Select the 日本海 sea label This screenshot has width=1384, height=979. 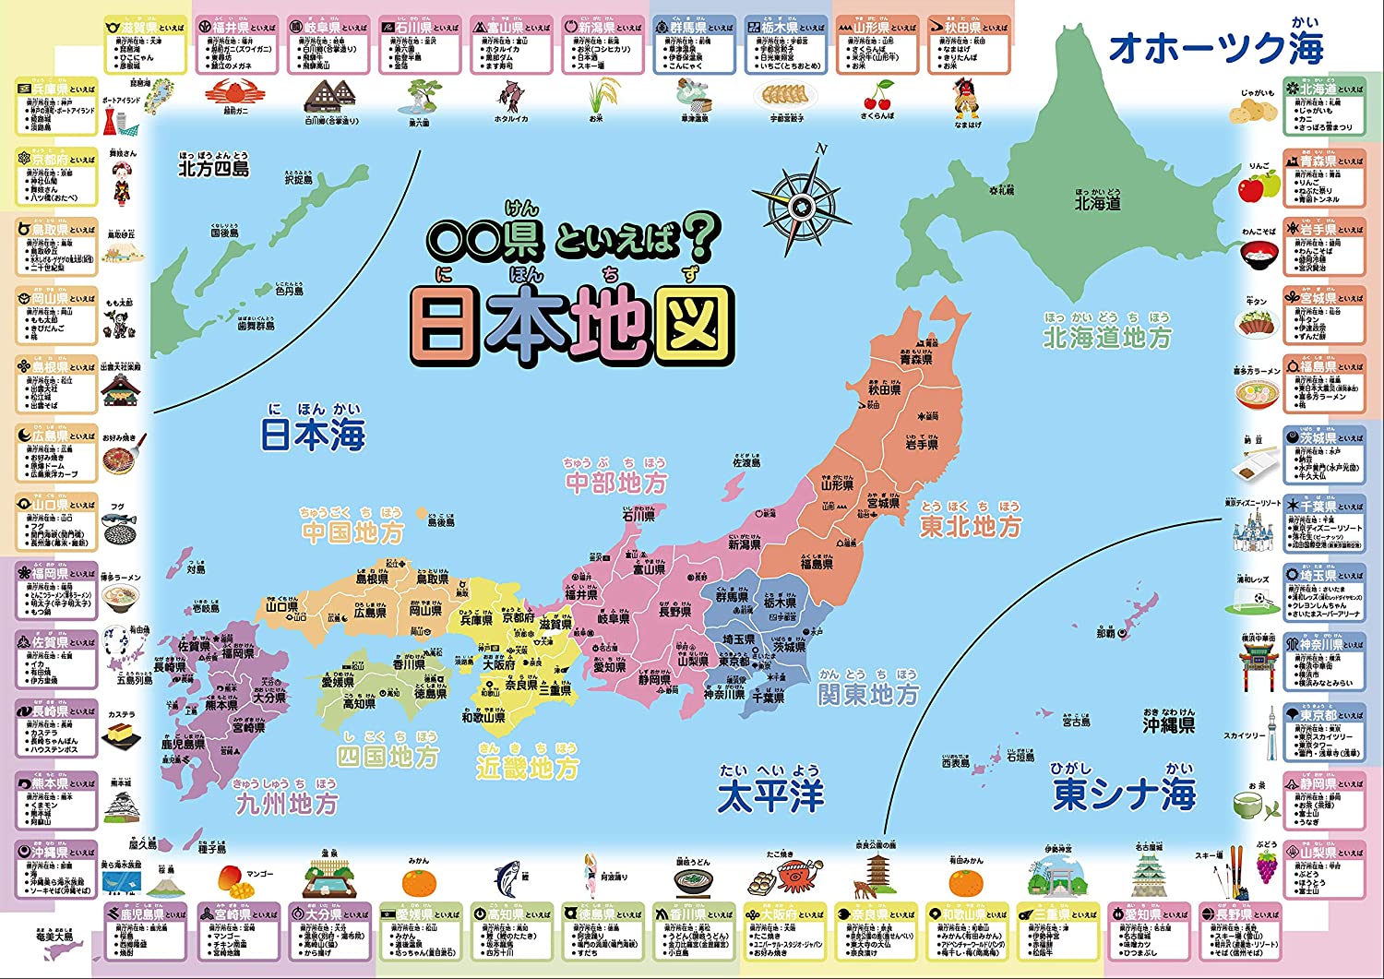pos(313,435)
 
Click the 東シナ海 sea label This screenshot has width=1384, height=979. pos(1125,793)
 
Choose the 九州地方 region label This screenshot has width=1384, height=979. pos(286,804)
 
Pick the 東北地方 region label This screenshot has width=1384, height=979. pos(971,526)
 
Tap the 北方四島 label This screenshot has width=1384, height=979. pos(213,169)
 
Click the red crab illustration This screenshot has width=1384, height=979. pos(229,92)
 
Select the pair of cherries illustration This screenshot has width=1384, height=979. pos(877,96)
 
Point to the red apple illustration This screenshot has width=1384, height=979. pos(1251,187)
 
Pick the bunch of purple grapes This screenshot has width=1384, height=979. pos(1266,865)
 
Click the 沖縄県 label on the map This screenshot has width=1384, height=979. pos(1169,725)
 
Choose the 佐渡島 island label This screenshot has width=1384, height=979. pos(746,462)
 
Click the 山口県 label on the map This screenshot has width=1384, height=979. pos(282,607)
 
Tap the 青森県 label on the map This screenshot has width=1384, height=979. pos(915,359)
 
